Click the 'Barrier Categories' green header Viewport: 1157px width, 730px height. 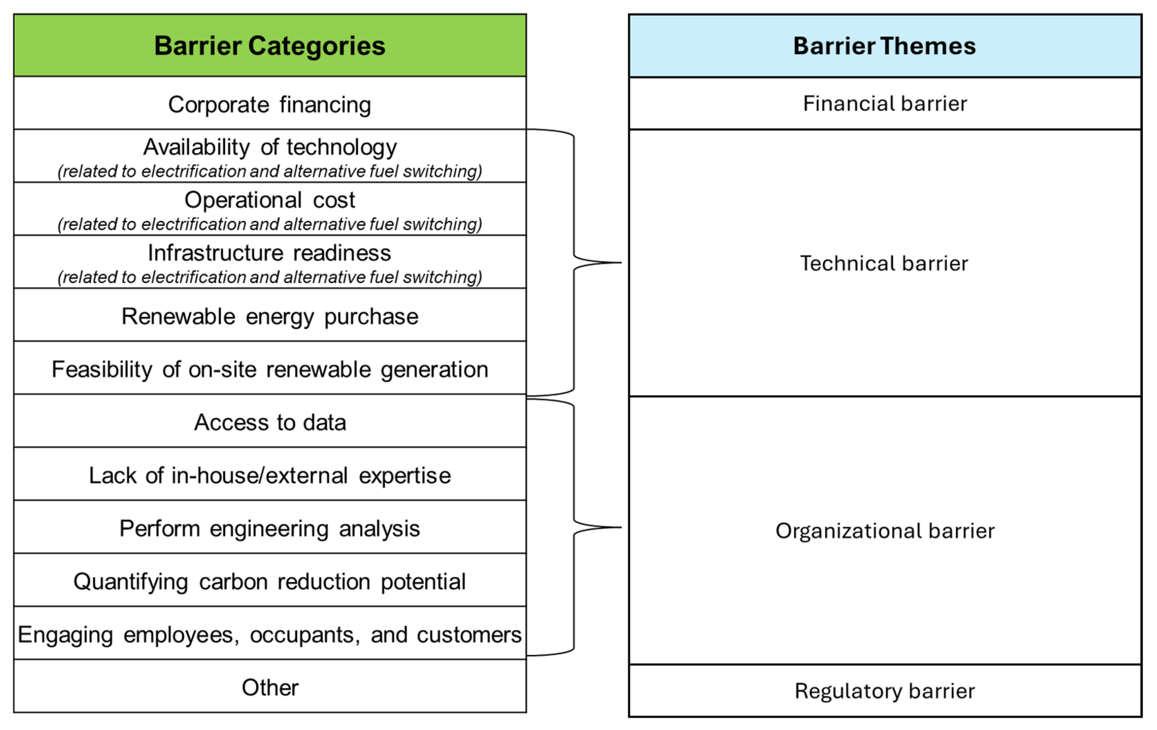tap(270, 46)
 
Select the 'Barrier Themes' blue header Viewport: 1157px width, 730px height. tap(884, 46)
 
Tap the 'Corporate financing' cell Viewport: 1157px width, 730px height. tap(270, 104)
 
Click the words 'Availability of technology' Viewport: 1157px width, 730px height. tap(270, 147)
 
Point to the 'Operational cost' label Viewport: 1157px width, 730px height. tap(270, 200)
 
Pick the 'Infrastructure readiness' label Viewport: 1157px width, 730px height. tap(270, 253)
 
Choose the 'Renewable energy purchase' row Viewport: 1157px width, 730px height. tap(270, 316)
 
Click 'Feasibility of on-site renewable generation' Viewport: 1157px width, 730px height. tap(270, 369)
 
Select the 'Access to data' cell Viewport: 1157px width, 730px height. tap(270, 422)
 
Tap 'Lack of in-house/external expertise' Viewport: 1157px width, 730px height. tap(270, 475)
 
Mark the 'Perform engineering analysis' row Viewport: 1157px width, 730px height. tap(270, 528)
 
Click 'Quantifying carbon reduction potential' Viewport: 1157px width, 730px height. tap(270, 581)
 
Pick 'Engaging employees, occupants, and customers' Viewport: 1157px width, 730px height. tap(270, 634)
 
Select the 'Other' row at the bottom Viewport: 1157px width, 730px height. tap(270, 687)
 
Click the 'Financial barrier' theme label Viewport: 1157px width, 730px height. tap(884, 103)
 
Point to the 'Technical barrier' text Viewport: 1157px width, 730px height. tap(884, 263)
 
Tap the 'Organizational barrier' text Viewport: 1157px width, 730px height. tap(884, 531)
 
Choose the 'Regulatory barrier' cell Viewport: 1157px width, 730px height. tap(884, 691)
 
